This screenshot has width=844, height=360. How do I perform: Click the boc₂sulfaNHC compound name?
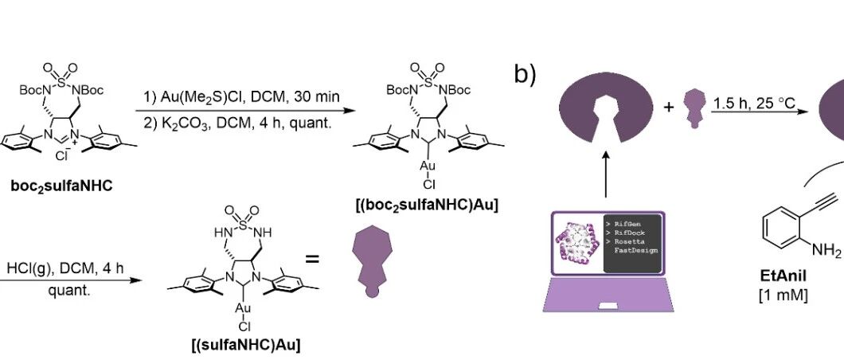[x=62, y=187]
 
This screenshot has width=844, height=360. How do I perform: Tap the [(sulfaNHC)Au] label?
[x=246, y=345]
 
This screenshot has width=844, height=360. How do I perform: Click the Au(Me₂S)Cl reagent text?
[x=213, y=97]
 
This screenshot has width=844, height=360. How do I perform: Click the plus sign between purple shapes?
[x=669, y=107]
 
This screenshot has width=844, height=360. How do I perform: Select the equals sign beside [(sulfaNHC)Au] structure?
[x=313, y=259]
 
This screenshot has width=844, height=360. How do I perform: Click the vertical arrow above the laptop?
[x=606, y=174]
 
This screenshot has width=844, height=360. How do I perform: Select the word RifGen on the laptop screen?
[x=628, y=224]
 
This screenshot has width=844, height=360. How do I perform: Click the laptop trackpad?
[x=608, y=306]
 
